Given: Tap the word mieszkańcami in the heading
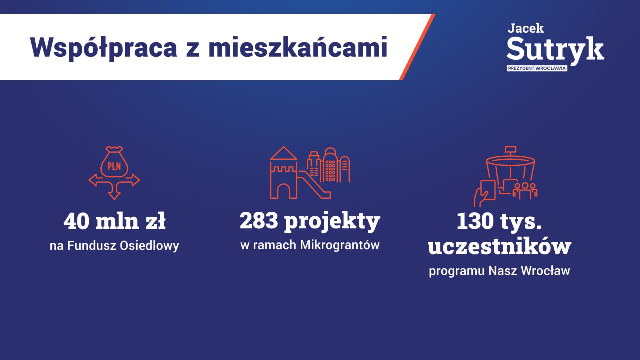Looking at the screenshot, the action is click(298, 47).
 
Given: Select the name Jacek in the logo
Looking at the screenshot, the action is click(525, 28).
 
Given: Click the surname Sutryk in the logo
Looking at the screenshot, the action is click(555, 50).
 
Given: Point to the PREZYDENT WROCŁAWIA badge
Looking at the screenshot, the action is click(537, 68).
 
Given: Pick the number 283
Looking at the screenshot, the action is click(259, 221).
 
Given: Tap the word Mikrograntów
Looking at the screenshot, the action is click(339, 245).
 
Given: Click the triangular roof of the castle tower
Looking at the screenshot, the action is click(283, 153).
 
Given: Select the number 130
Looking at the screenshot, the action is click(475, 221).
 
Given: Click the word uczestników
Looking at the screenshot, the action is click(499, 246).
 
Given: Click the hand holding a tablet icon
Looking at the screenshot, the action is click(485, 193).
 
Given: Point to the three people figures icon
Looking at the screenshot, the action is click(525, 191).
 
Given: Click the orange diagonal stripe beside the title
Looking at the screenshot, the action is click(417, 47).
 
